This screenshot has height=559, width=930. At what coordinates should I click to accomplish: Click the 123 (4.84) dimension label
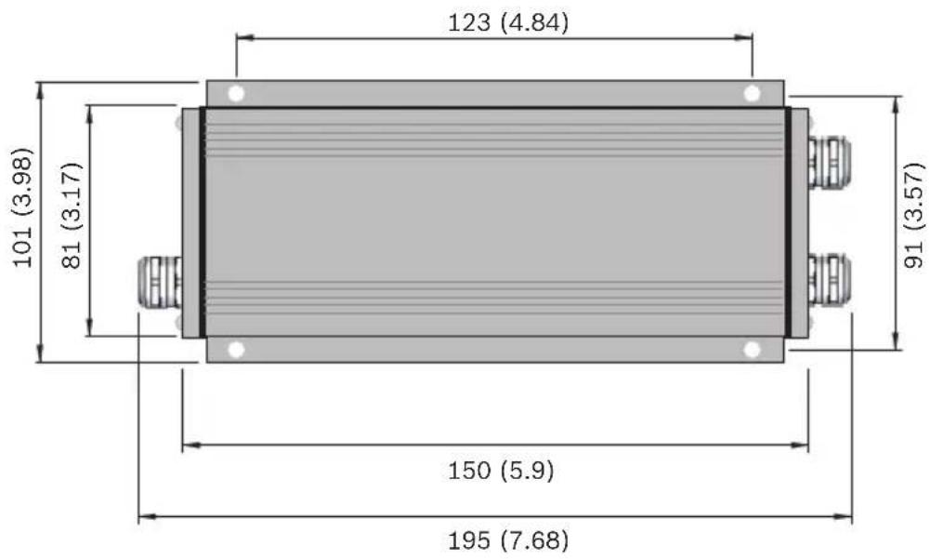tap(507, 22)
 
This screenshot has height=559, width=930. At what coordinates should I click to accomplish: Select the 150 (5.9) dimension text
tap(501, 471)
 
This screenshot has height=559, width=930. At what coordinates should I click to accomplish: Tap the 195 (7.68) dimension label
tap(507, 540)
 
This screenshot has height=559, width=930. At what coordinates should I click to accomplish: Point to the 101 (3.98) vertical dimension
tap(22, 207)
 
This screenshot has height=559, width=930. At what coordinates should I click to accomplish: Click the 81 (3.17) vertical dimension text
tap(72, 215)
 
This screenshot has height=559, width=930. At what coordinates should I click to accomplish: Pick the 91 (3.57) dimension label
tap(914, 215)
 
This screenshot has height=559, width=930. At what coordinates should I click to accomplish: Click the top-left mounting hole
tap(236, 94)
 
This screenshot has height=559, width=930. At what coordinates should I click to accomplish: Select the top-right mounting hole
tap(752, 94)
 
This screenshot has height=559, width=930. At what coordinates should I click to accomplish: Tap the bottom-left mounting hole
tap(236, 350)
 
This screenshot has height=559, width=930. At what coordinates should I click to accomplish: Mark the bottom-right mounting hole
tap(752, 350)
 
